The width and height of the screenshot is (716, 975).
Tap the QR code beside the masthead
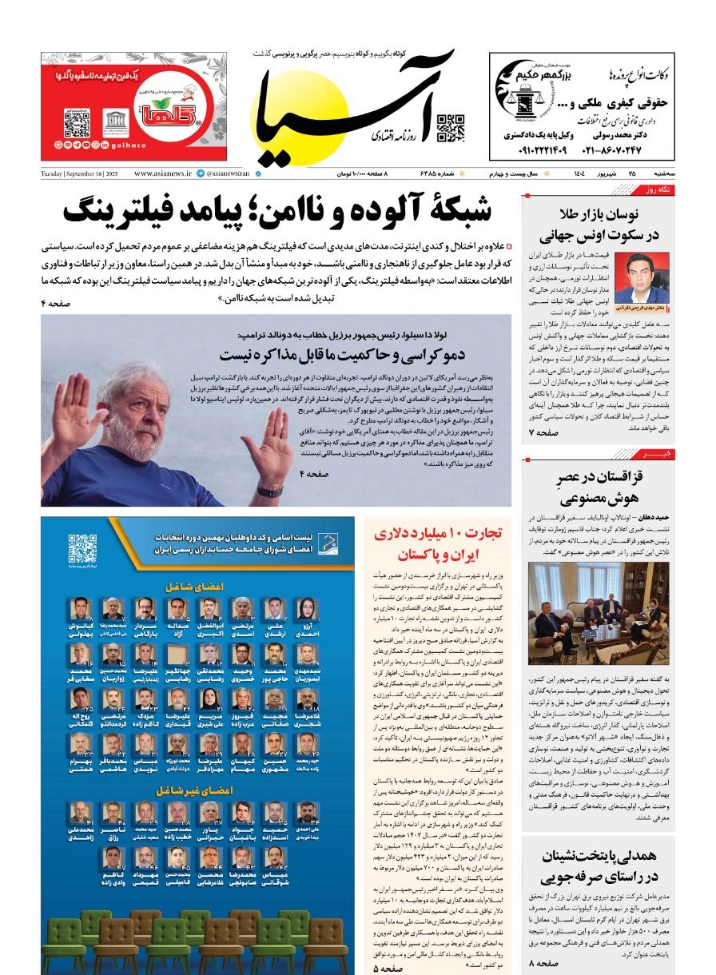tap(451, 128)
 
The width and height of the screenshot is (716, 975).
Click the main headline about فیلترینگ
tap(277, 209)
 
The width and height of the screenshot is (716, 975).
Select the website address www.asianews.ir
tap(163, 173)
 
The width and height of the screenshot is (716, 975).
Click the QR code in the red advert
tap(77, 124)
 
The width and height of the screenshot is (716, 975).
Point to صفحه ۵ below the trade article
tap(387, 968)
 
